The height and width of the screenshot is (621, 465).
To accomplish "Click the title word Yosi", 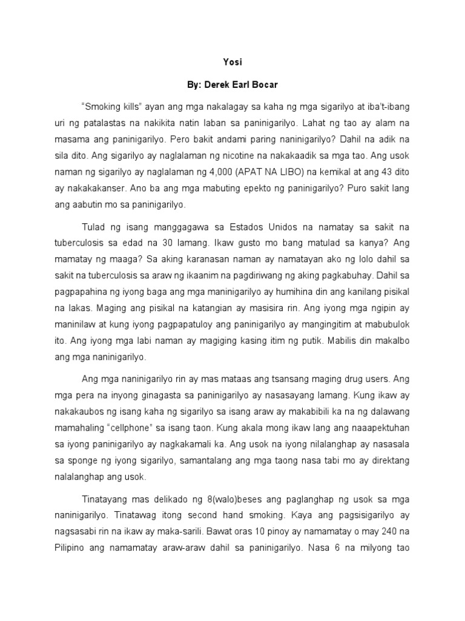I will point(232,62).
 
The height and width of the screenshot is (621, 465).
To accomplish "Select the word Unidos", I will point(291,227).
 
